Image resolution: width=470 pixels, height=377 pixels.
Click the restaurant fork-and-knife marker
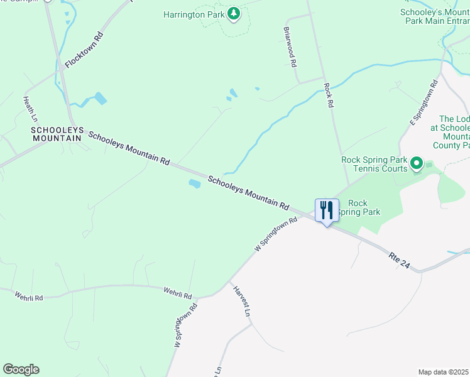click(x=327, y=210)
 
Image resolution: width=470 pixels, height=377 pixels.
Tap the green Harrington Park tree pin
click(x=234, y=13)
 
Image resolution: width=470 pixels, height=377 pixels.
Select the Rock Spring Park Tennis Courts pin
click(x=416, y=164)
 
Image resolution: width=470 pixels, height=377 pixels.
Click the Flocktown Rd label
click(x=84, y=50)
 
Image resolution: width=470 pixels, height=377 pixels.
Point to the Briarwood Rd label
click(x=290, y=48)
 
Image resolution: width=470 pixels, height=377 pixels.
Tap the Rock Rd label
click(x=327, y=96)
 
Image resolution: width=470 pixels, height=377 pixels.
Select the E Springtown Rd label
click(x=424, y=102)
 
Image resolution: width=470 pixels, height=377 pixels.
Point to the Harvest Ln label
click(x=243, y=302)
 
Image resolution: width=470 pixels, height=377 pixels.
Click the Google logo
click(x=21, y=369)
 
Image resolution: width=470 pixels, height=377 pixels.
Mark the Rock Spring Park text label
click(x=357, y=207)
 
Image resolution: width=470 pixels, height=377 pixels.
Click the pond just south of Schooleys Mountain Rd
click(x=194, y=183)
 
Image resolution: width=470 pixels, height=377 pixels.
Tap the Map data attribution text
click(x=443, y=372)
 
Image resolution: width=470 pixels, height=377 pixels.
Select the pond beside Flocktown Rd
click(x=99, y=98)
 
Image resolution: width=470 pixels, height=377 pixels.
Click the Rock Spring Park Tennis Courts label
click(x=374, y=164)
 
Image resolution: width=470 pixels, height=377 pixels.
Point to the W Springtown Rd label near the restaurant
click(x=276, y=235)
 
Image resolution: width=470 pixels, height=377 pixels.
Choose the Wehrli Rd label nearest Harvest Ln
click(x=177, y=292)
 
